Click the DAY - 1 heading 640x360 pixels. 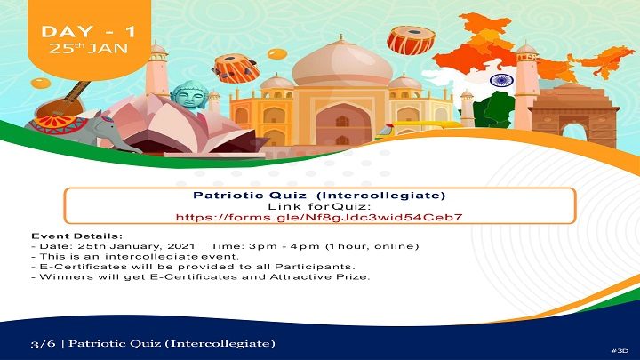click(89, 32)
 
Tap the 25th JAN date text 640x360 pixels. click(89, 49)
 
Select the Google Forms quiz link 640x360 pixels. click(319, 217)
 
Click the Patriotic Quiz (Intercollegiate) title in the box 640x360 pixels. click(319, 195)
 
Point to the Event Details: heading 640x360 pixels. click(76, 236)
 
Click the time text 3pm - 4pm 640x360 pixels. click(284, 246)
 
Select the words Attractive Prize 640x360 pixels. click(320, 276)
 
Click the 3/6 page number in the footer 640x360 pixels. click(43, 343)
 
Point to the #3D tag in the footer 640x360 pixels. click(620, 350)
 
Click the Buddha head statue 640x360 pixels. click(189, 96)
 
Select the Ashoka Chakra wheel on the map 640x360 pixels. click(501, 80)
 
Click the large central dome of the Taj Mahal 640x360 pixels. click(342, 65)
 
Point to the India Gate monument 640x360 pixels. click(574, 115)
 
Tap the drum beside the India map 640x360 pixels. click(411, 40)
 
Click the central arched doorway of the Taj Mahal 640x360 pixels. click(343, 125)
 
